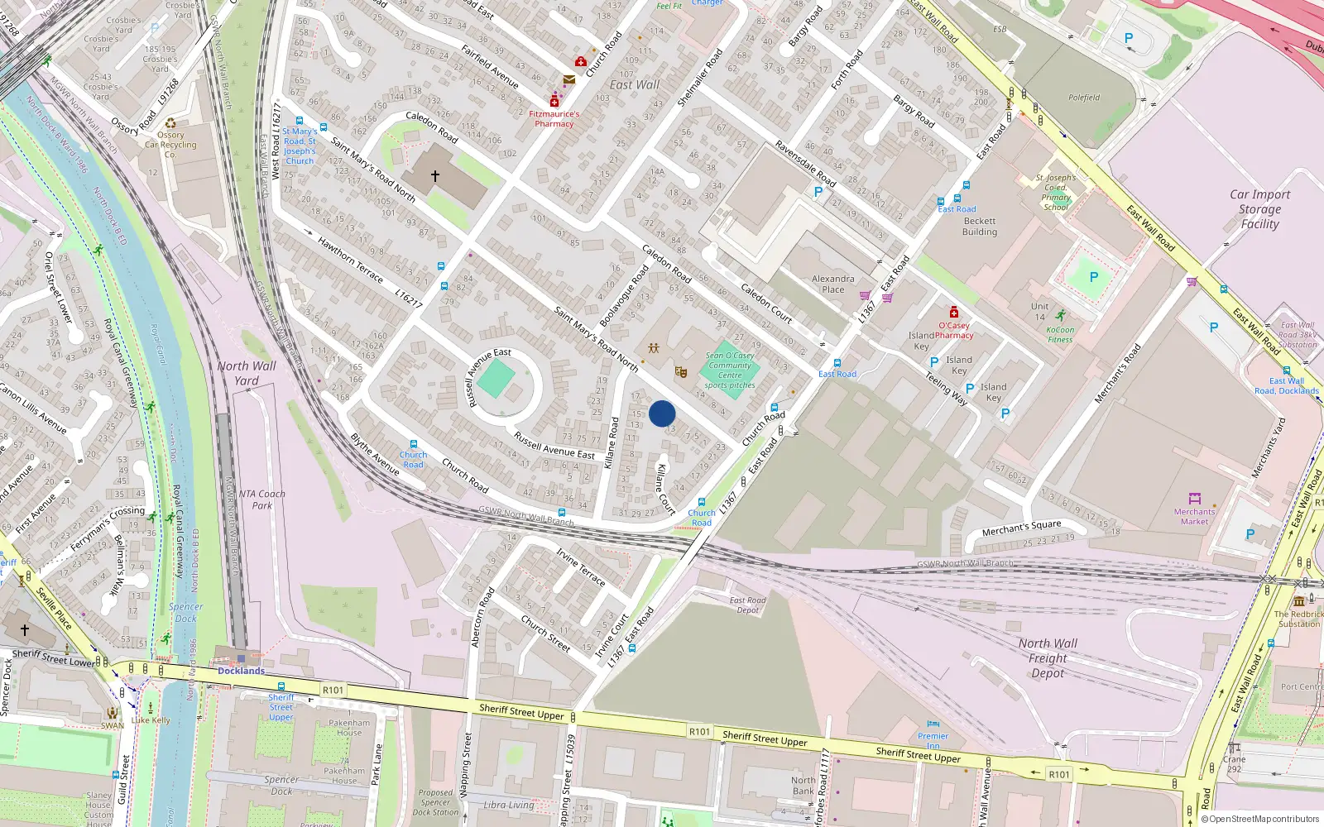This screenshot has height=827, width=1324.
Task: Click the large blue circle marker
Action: point(662,413)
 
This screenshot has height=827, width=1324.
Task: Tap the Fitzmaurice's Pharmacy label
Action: point(554,119)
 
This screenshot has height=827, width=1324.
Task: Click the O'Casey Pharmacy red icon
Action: point(954,313)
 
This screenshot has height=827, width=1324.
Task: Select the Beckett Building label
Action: point(980,227)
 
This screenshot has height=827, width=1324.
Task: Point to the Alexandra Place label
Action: point(833,284)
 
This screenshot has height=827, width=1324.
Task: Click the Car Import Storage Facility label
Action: point(1259,209)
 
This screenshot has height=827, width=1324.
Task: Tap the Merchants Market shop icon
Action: point(1194,499)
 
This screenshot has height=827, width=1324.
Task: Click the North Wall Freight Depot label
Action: point(1048,658)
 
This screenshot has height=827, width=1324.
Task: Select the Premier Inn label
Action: point(933,740)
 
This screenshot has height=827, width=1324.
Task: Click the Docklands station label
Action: point(241,671)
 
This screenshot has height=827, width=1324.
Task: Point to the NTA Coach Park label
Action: point(261,500)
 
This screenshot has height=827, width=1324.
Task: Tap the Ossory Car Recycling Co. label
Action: point(170,145)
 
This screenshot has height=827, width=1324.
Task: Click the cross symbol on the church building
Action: point(435,176)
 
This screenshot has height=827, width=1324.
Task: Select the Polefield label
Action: point(1084,98)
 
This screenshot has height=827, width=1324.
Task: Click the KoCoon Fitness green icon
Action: point(1060,315)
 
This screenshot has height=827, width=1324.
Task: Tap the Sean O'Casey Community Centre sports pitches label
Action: point(730,370)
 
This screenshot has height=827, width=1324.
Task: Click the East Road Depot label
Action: point(748,605)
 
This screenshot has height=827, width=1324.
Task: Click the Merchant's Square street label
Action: point(1021,528)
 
